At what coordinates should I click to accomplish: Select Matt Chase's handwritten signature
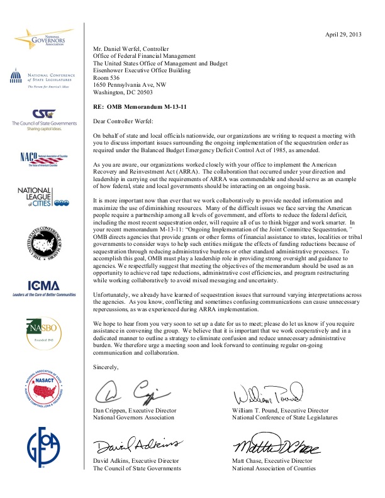point(276,447)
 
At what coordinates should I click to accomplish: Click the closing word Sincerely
point(105,367)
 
